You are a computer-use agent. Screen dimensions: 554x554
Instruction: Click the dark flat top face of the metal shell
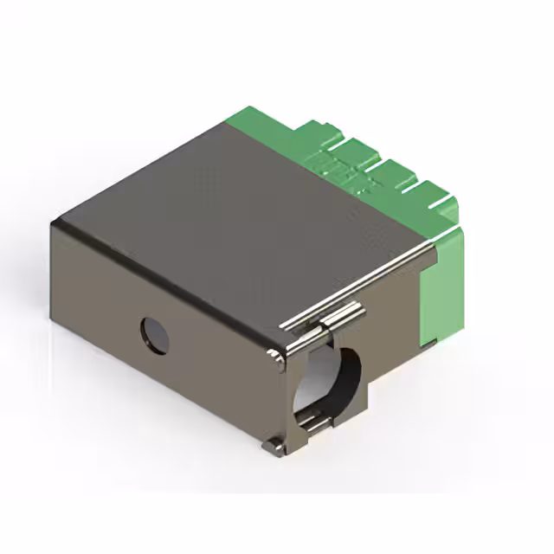234,208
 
